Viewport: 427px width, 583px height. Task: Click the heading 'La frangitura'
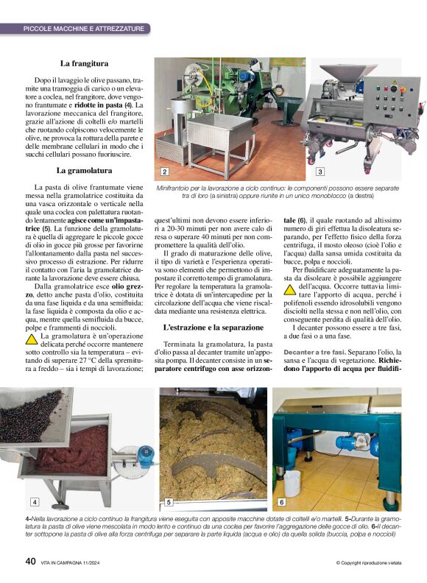click(x=85, y=63)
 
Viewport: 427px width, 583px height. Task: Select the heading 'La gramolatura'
click(x=85, y=171)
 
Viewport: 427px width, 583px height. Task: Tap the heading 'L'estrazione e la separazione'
click(x=213, y=326)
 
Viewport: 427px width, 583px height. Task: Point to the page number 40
click(x=31, y=561)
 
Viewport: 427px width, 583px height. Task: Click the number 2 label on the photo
click(x=165, y=172)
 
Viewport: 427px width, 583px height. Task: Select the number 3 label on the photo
click(x=320, y=172)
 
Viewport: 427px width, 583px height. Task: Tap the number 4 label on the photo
click(x=34, y=501)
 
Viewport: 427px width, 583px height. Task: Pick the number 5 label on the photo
click(x=169, y=502)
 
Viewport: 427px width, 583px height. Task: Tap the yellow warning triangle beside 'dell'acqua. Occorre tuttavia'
click(x=291, y=290)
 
